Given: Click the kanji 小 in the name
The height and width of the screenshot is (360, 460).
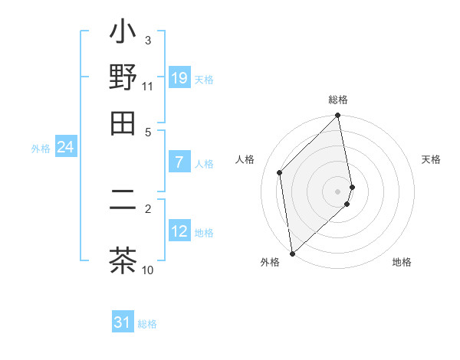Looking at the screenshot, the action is click(123, 35).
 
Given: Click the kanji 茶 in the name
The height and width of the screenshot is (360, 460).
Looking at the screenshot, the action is click(123, 260).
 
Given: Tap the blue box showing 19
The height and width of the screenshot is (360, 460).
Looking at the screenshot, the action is click(179, 78).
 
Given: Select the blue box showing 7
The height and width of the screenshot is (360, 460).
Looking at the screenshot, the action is click(179, 162).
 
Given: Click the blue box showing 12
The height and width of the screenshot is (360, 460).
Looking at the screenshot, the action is click(179, 232).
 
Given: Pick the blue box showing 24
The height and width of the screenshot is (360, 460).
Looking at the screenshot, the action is click(65, 148).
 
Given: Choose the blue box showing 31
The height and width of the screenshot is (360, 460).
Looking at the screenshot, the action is click(123, 323).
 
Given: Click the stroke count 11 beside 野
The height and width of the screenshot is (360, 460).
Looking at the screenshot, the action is click(148, 87).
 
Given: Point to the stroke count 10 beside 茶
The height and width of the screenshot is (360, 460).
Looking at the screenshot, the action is click(148, 270).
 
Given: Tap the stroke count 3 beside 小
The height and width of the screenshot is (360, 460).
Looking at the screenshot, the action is click(148, 40).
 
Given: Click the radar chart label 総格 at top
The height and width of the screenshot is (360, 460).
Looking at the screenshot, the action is click(338, 100).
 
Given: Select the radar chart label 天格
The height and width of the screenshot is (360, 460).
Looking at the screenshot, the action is click(431, 159).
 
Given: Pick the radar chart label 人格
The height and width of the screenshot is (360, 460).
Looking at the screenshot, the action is click(245, 159).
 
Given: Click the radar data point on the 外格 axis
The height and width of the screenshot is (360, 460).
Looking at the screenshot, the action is click(292, 253).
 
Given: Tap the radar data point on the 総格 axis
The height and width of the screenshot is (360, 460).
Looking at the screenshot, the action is click(338, 116).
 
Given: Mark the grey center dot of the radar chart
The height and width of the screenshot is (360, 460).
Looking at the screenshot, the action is click(338, 191).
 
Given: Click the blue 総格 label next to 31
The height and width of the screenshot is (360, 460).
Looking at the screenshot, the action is click(147, 324).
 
